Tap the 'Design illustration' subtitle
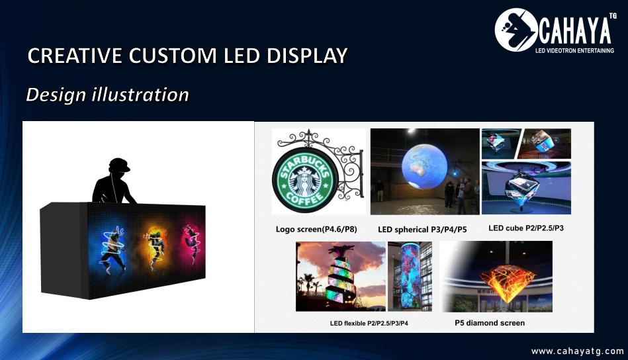(x=107, y=95)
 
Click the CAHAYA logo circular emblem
(x=516, y=30)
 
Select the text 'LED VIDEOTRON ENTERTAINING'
(x=575, y=51)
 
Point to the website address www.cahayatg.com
(x=578, y=351)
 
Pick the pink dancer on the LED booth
(x=192, y=243)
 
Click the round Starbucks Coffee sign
(x=305, y=179)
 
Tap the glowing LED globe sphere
(x=424, y=166)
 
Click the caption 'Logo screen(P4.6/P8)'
(x=316, y=230)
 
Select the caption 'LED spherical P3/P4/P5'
(x=422, y=230)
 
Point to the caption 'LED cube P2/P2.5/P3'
(x=526, y=228)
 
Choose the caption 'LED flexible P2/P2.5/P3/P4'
(x=369, y=323)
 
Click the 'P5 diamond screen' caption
(x=490, y=323)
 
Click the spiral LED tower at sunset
(x=340, y=277)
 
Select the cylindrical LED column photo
(x=410, y=277)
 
